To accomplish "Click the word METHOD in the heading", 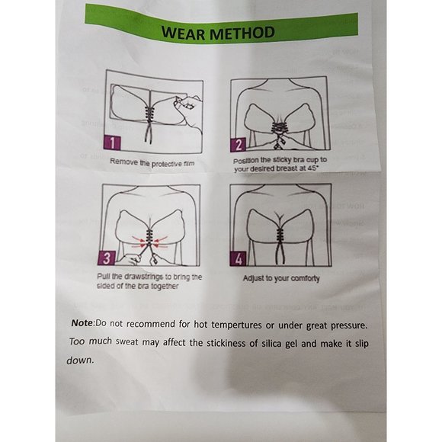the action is [242, 33].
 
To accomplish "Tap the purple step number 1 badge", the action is [112, 143].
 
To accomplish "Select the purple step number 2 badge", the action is [239, 145].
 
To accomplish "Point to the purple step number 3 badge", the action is [107, 258].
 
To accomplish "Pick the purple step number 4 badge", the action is [239, 259].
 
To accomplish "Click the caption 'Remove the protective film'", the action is [152, 163].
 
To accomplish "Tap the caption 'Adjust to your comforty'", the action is [281, 278].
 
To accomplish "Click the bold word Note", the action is [82, 323].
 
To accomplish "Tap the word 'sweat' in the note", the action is [127, 342].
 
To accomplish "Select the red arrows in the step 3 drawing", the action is [150, 242].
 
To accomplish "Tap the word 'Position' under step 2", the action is [245, 160].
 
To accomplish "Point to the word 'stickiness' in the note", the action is [224, 343].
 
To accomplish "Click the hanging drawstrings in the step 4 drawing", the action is [280, 251].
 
